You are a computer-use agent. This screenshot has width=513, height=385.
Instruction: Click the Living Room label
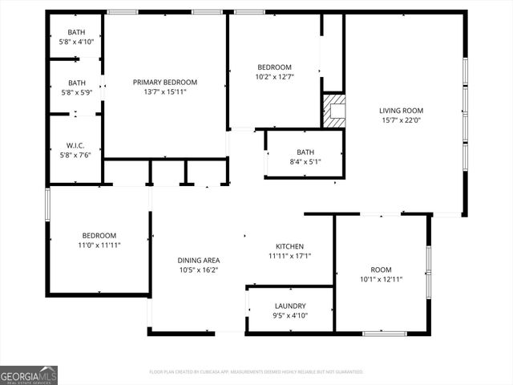pos(401,111)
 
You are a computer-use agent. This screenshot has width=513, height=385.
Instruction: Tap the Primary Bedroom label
pos(164,82)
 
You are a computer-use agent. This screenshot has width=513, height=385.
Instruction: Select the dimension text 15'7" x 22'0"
pos(401,120)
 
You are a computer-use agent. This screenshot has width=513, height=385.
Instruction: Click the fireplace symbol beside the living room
pos(334,111)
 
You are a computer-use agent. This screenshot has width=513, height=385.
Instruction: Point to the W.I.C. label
pos(76,145)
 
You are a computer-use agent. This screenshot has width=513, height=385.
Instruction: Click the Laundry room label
pos(289,306)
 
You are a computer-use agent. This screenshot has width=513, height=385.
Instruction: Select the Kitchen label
pos(289,246)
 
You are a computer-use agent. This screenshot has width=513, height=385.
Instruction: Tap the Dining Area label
pos(198,260)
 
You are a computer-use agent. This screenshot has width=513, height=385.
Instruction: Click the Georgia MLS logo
pos(29,375)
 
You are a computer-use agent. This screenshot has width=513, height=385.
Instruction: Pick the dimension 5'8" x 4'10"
pos(76,42)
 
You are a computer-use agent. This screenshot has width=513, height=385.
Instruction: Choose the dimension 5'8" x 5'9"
pos(76,92)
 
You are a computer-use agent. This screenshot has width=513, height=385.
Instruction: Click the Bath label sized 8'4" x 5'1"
pos(305,151)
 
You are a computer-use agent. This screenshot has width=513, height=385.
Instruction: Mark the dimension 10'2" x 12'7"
pos(274,77)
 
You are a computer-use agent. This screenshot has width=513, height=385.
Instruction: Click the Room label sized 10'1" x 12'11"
pos(381,269)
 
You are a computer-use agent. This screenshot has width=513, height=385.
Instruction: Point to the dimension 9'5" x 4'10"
pos(289,315)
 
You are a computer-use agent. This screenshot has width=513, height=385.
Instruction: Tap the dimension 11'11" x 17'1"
pos(289,257)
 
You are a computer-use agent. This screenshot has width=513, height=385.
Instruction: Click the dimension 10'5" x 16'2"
pos(198,270)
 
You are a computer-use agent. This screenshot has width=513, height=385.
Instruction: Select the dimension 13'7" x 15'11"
pos(164,91)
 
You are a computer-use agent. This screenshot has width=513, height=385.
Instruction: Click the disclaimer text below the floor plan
pos(256,372)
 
